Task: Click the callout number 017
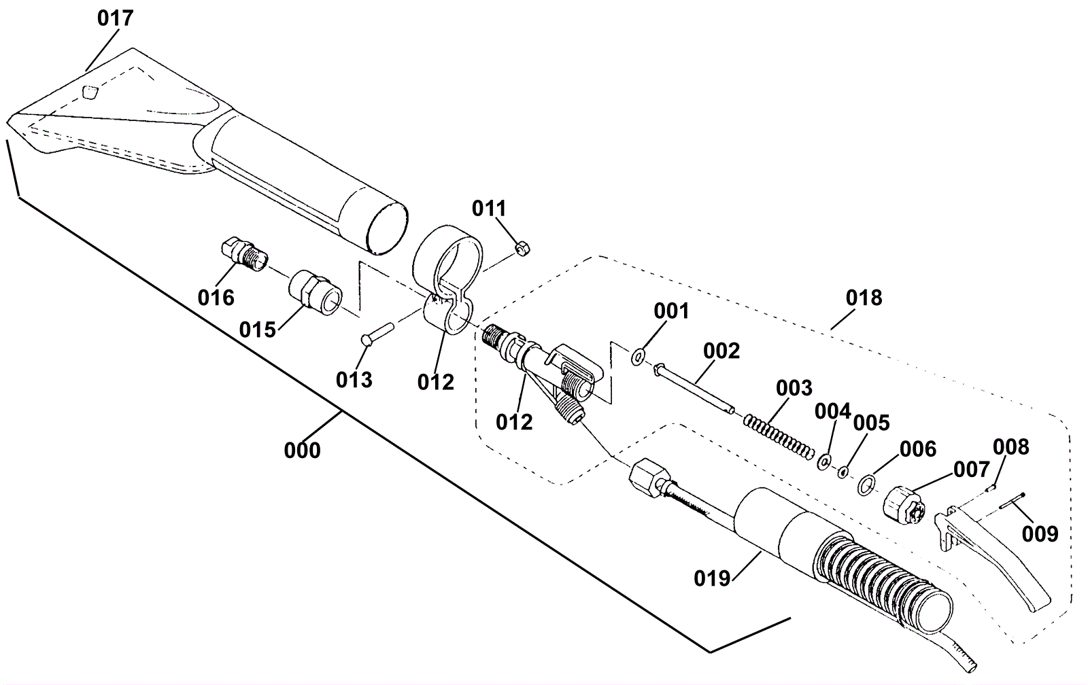[x=116, y=18]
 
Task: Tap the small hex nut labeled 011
[x=522, y=249]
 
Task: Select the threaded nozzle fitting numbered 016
[x=245, y=255]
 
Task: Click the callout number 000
[x=302, y=450]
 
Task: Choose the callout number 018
[x=864, y=298]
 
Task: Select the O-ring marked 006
[x=866, y=485]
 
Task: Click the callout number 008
[x=1010, y=447]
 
